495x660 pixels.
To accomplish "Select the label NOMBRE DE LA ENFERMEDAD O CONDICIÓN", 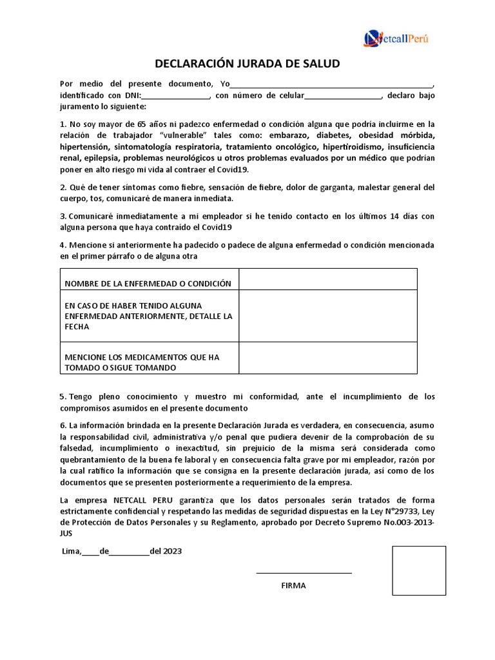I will click(x=148, y=284).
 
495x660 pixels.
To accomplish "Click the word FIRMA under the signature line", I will click(x=293, y=586).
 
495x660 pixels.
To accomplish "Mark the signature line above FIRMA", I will click(x=304, y=572).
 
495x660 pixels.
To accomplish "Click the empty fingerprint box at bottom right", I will click(x=419, y=570).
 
